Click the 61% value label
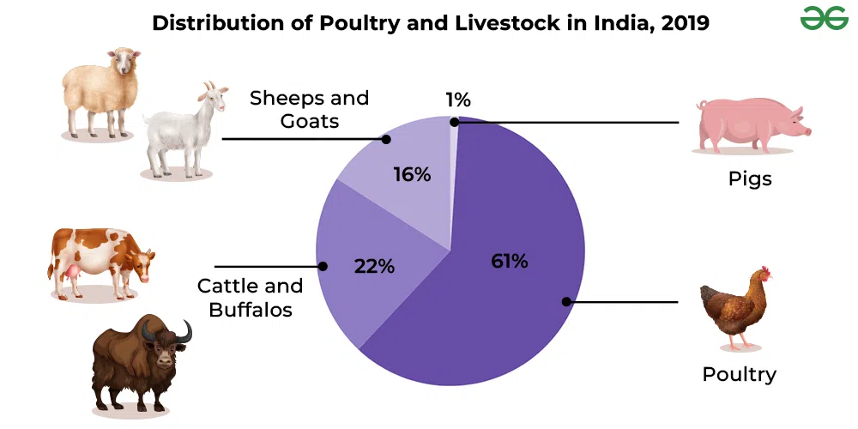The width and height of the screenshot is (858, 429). coord(510,262)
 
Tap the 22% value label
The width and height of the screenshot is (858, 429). coord(374,266)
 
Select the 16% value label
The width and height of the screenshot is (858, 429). coord(412,175)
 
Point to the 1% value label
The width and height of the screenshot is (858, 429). coord(458,100)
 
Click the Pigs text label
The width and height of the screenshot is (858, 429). coord(750,179)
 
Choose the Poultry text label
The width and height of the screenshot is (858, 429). coord(739,374)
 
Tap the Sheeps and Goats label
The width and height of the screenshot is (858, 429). coord(310,109)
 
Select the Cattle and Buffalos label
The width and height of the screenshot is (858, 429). coord(251,298)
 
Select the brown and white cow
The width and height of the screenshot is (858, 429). coord(100,262)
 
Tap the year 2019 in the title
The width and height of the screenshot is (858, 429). coord(684,23)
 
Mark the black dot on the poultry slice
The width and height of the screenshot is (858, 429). coord(566,301)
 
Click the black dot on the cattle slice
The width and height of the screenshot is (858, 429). coord(323,266)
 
